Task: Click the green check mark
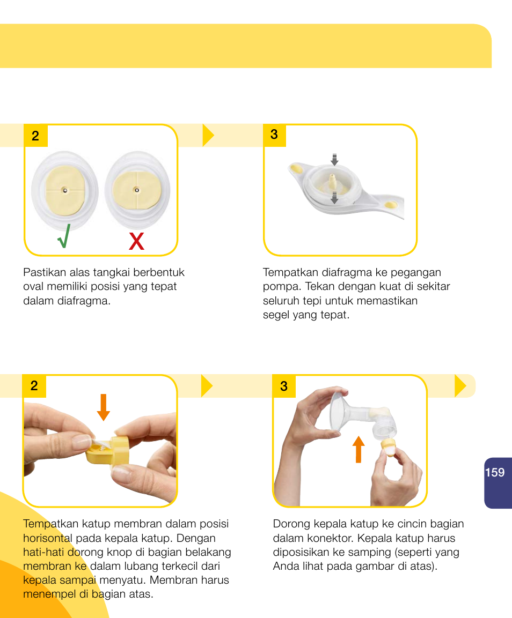[x=63, y=237]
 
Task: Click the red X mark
[x=137, y=242]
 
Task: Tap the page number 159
[x=495, y=472]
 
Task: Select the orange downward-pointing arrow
[x=104, y=407]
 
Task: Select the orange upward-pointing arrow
[x=359, y=449]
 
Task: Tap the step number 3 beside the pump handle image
[x=274, y=135]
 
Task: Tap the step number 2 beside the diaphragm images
[x=35, y=136]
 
